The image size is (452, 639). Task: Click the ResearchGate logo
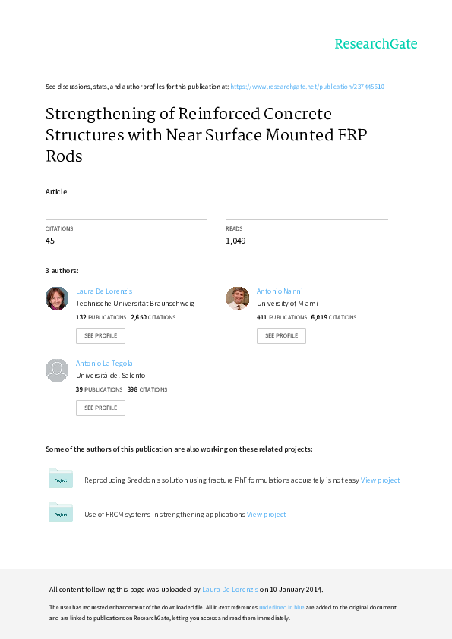[x=376, y=44]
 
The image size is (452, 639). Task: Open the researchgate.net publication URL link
[x=307, y=87]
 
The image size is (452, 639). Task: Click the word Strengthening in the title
[x=100, y=115]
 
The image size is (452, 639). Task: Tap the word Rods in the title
[x=64, y=156]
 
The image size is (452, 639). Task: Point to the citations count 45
[x=50, y=241]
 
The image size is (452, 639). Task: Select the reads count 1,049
[x=235, y=241]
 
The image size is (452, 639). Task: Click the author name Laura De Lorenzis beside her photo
[x=104, y=291]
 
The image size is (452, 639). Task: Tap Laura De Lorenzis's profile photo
[x=57, y=298]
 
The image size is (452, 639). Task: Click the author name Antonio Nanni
[x=280, y=291]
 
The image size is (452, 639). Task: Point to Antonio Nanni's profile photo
[x=238, y=298]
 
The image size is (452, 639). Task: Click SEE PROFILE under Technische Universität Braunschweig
[x=100, y=335]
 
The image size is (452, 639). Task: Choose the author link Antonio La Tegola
[x=104, y=363]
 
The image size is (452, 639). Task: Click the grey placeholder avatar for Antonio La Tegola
[x=57, y=370]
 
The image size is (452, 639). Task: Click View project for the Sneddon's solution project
[x=380, y=480]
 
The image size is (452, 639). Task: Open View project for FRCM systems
[x=267, y=515]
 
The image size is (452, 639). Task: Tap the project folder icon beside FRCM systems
[x=60, y=512]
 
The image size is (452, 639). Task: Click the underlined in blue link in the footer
[x=282, y=607]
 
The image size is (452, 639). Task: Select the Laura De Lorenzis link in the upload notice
[x=230, y=589]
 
